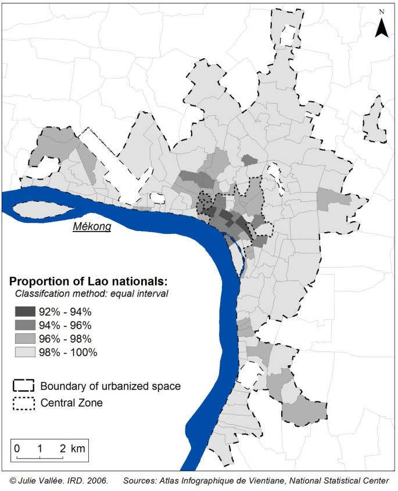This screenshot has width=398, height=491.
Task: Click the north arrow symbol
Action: (x=381, y=27)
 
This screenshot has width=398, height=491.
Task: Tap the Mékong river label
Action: (x=92, y=227)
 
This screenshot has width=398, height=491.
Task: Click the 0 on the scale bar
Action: (x=17, y=449)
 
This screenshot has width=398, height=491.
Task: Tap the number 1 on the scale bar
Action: (x=40, y=449)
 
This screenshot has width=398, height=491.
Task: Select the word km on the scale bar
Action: (x=78, y=449)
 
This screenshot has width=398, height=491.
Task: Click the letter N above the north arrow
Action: (x=381, y=11)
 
